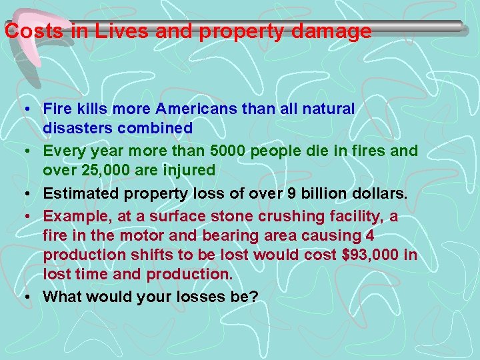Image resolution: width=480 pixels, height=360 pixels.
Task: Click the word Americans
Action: tap(214, 108)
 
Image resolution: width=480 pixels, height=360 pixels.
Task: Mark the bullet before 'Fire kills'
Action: tap(23, 109)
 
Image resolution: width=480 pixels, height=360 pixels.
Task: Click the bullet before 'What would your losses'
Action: tap(23, 297)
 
